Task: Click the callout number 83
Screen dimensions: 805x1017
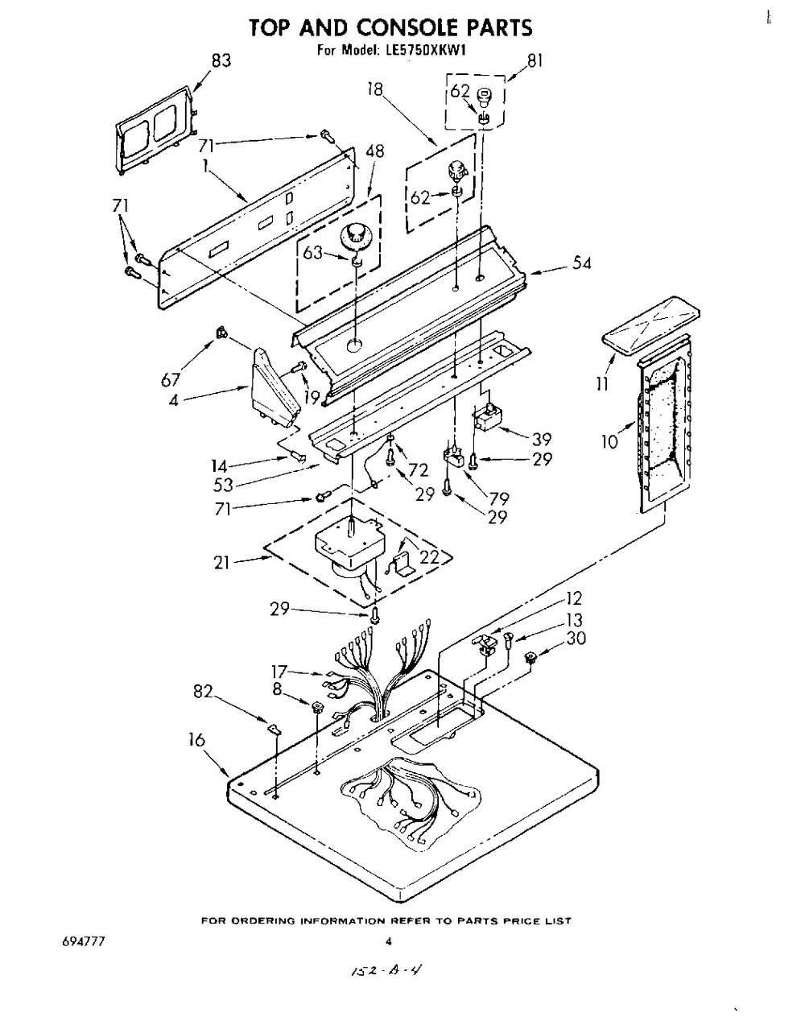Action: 221,61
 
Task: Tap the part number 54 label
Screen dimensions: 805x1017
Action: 581,263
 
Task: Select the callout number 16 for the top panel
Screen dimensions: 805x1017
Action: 196,739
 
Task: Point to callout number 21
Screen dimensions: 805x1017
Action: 221,563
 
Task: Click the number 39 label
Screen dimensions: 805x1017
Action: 542,439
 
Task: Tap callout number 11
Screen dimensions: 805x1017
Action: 602,384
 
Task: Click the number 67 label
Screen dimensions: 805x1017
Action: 170,379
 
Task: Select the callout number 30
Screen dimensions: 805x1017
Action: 576,639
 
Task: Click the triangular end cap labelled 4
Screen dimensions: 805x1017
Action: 276,387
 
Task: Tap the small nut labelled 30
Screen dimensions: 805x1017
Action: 531,656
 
